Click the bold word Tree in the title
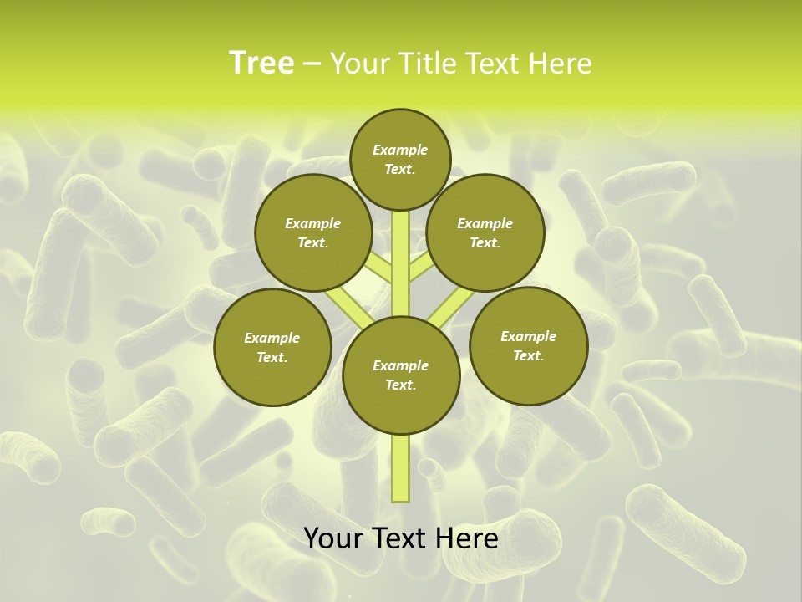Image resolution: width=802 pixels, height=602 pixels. tap(261, 63)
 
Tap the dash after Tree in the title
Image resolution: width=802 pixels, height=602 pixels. tap(312, 64)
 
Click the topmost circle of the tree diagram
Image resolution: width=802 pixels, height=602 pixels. tap(400, 159)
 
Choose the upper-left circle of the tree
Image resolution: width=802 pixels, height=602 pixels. tap(312, 232)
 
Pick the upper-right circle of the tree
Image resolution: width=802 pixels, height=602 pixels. tap(485, 232)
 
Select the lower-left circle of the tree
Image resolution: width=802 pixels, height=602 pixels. tap(272, 347)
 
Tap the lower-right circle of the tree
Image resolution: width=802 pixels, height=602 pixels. tap(528, 345)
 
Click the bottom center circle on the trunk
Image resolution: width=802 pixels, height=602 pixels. tap(400, 375)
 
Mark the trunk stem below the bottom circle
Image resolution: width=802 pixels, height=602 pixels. tap(400, 468)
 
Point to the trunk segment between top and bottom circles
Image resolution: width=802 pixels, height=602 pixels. tap(400, 263)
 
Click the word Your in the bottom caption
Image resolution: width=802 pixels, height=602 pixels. tap(334, 538)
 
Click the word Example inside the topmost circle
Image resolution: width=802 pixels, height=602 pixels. tap(400, 150)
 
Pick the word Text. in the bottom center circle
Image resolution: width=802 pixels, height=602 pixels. tap(400, 385)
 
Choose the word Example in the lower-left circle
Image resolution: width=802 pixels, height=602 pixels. tap(272, 338)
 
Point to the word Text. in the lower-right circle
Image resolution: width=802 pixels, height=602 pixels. tap(528, 355)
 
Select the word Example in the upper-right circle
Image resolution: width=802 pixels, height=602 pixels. tap(485, 223)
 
